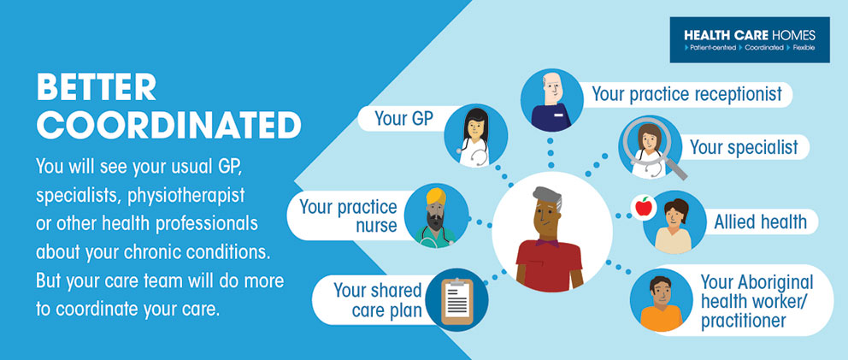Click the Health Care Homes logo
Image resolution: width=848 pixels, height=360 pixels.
(x=750, y=39)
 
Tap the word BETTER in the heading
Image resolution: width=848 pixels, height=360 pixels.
(x=97, y=87)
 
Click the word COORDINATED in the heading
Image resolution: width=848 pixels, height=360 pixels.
(x=168, y=125)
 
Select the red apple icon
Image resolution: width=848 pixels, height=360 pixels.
(x=644, y=207)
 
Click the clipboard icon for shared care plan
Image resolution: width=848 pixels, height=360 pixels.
(x=457, y=302)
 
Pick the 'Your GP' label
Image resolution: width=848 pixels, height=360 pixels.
(x=404, y=119)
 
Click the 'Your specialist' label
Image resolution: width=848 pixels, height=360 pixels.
(x=744, y=147)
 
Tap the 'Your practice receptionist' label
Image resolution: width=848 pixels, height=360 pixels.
(x=686, y=94)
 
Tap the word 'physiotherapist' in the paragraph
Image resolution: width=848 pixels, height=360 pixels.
(x=186, y=196)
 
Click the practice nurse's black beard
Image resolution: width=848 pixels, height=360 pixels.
(x=434, y=221)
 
